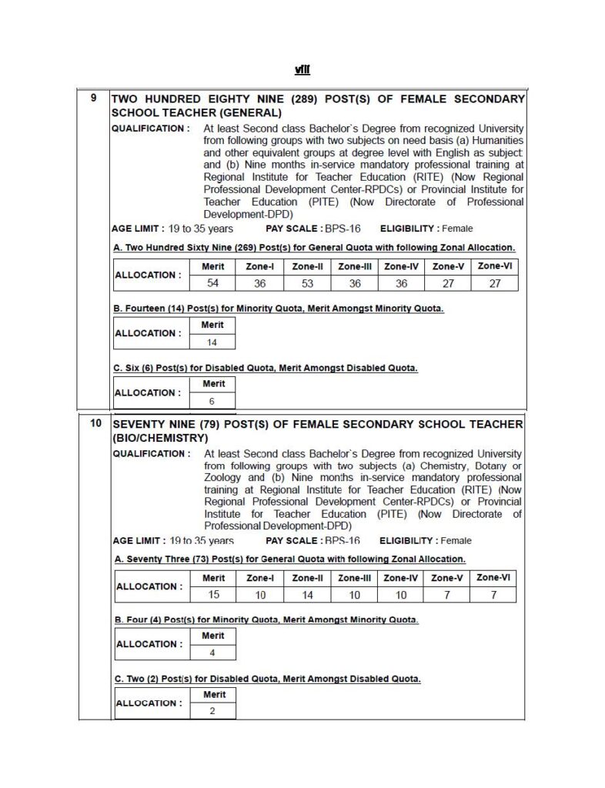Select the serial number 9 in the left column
pyautogui.click(x=94, y=98)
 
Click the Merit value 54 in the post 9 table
pyautogui.click(x=213, y=282)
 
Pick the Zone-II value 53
pyautogui.click(x=307, y=282)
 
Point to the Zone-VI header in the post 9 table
pyautogui.click(x=495, y=265)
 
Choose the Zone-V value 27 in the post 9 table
pyautogui.click(x=447, y=282)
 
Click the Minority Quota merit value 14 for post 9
pyautogui.click(x=212, y=342)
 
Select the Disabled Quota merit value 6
pyautogui.click(x=212, y=401)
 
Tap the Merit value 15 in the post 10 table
pyautogui.click(x=213, y=594)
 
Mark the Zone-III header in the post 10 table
pyautogui.click(x=354, y=577)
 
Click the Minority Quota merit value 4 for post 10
pyautogui.click(x=212, y=653)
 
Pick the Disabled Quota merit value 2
pyautogui.click(x=212, y=711)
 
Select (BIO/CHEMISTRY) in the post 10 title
pyautogui.click(x=161, y=438)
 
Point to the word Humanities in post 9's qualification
pyautogui.click(x=497, y=141)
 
